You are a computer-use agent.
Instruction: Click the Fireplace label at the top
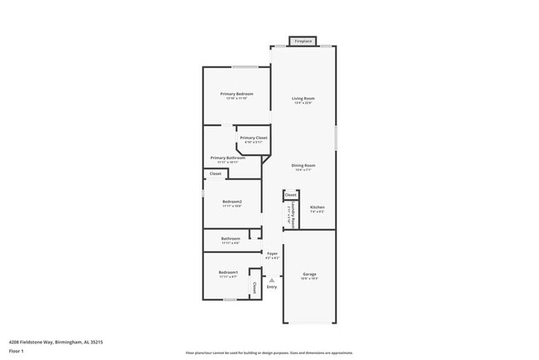coord(303,41)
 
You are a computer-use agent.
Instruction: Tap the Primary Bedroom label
coord(236,94)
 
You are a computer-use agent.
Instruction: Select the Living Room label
coord(303,99)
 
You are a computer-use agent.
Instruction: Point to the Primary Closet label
coord(253,138)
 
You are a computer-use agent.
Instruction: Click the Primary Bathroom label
coord(227,158)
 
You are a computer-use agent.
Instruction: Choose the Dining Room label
coord(303,166)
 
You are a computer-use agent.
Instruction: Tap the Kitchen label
coord(317,207)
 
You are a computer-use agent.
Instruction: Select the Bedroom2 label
coord(232,202)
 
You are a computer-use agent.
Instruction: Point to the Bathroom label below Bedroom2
coord(231,239)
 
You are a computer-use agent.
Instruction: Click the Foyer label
coord(272,253)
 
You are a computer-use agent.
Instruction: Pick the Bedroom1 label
coord(228,273)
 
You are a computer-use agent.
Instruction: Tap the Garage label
coord(309,274)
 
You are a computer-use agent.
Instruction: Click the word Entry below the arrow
coord(271,287)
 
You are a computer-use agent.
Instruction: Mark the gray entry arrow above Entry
coord(271,280)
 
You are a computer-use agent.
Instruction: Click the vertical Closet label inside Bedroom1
coord(254,287)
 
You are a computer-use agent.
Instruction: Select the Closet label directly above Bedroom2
coord(215,174)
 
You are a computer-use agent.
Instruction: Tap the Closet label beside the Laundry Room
coord(291,196)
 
